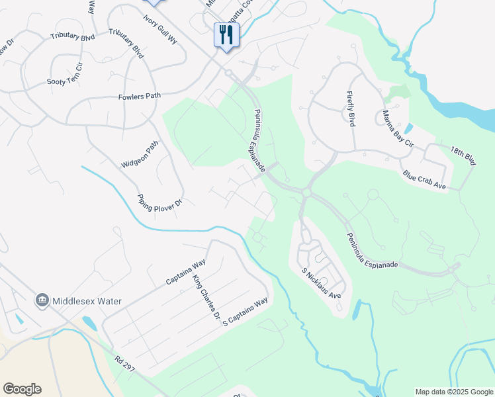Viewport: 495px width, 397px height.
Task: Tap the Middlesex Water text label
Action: click(x=89, y=301)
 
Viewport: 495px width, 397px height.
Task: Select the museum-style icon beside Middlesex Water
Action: click(x=43, y=301)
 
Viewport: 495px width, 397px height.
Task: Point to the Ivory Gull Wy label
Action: click(x=160, y=28)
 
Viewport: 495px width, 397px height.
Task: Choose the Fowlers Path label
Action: click(x=140, y=96)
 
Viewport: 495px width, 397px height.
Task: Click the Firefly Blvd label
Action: click(x=348, y=110)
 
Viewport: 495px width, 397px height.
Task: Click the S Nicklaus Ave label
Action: click(x=321, y=283)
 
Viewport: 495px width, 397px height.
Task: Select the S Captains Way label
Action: click(x=245, y=311)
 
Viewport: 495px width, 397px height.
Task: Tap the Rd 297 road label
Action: click(x=124, y=364)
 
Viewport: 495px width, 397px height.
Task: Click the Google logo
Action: click(x=22, y=389)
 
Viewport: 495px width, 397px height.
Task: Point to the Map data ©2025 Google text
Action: click(x=454, y=392)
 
